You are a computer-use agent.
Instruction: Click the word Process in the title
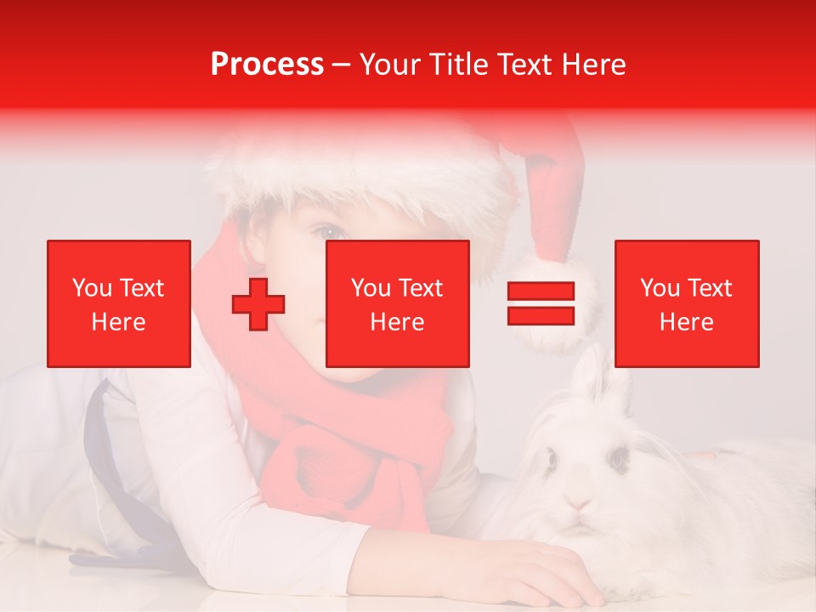267,65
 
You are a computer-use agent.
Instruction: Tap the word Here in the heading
593,65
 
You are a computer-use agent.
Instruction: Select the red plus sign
258,303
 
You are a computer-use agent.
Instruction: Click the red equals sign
541,303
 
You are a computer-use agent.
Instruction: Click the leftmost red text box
119,303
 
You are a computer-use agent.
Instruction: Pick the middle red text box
398,303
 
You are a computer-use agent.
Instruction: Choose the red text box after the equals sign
687,303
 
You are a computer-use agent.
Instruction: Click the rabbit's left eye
552,460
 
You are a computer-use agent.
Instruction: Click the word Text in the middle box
421,288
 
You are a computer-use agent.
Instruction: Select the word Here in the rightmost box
687,322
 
